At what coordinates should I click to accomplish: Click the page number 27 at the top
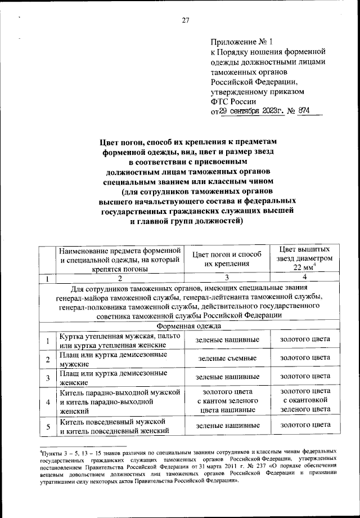pyautogui.click(x=186, y=21)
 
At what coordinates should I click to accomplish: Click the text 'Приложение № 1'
pyautogui.click(x=241, y=42)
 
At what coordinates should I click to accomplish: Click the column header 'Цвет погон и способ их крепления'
pyautogui.click(x=227, y=258)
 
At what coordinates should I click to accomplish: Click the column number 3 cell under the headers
pyautogui.click(x=227, y=277)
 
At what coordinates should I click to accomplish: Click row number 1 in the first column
pyautogui.click(x=48, y=340)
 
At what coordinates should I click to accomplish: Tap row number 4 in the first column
pyautogui.click(x=48, y=401)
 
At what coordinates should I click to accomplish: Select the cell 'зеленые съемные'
pyautogui.click(x=227, y=358)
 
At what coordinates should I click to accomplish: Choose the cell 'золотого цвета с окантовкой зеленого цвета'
pyautogui.click(x=304, y=401)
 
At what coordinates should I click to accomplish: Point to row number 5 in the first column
pyautogui.click(x=48, y=426)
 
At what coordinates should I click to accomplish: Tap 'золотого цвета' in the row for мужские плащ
pyautogui.click(x=304, y=358)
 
